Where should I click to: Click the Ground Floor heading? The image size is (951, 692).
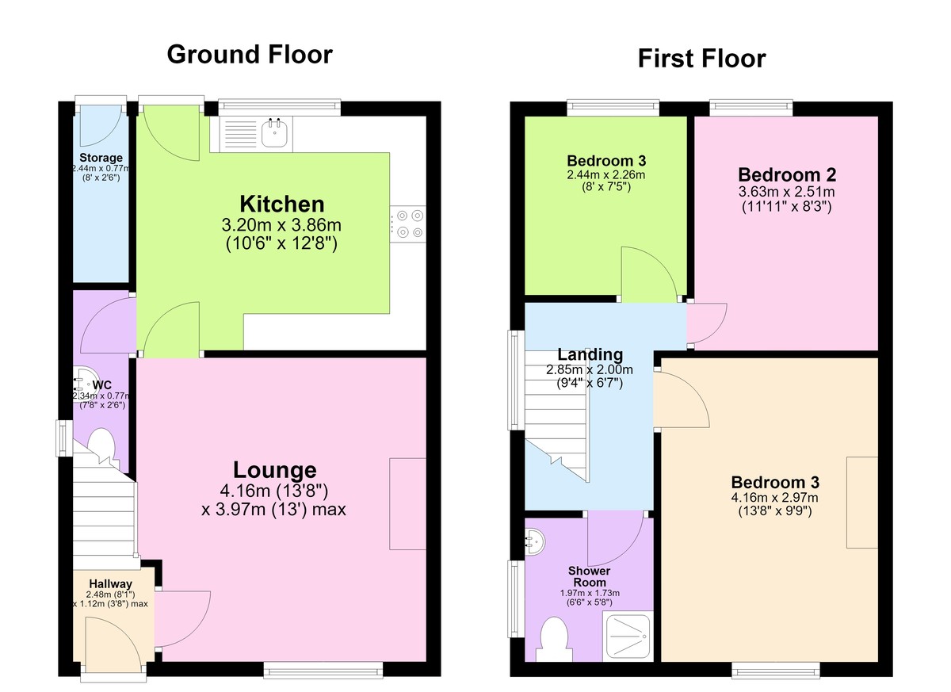pyautogui.click(x=250, y=55)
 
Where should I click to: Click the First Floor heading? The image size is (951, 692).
pyautogui.click(x=702, y=59)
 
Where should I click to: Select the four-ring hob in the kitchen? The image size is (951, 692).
pyautogui.click(x=408, y=224)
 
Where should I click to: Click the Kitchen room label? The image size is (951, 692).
pyautogui.click(x=282, y=204)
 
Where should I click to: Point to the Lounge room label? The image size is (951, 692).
pyautogui.click(x=275, y=470)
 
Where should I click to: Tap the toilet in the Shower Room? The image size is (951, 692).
pyautogui.click(x=554, y=640)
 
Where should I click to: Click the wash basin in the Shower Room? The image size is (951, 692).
pyautogui.click(x=534, y=542)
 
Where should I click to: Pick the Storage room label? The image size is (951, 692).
pyautogui.click(x=101, y=158)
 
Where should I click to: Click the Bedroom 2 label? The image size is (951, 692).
pyautogui.click(x=787, y=175)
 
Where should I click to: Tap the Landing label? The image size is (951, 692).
pyautogui.click(x=590, y=354)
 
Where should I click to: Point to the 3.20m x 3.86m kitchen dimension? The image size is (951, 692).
pyautogui.click(x=281, y=225)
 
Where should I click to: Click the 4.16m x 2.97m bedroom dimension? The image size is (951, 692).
pyautogui.click(x=775, y=497)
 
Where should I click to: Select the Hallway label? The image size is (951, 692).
pyautogui.click(x=110, y=583)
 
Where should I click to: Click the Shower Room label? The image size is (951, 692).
pyautogui.click(x=590, y=576)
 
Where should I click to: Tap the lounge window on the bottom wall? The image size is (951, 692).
pyautogui.click(x=323, y=671)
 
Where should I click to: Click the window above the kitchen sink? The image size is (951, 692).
pyautogui.click(x=279, y=107)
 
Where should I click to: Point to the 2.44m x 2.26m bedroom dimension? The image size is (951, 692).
pyautogui.click(x=606, y=174)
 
